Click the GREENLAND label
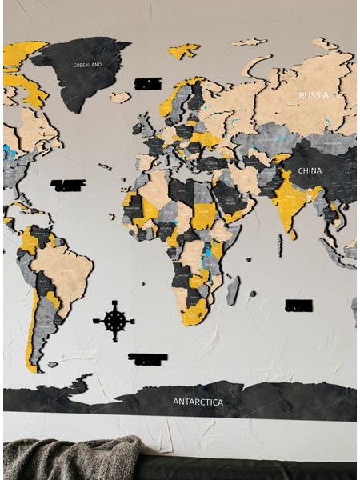[x=86, y=64]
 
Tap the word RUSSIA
[x=313, y=95]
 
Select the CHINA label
[x=310, y=170]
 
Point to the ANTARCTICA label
[x=198, y=401]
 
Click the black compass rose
[x=114, y=321]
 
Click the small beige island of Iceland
[x=119, y=98]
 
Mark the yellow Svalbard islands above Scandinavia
[x=184, y=50]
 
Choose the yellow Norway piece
[x=171, y=101]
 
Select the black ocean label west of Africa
[x=68, y=186]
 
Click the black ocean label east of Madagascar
[x=298, y=306]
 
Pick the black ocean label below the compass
[x=147, y=358]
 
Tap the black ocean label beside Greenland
[x=148, y=83]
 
